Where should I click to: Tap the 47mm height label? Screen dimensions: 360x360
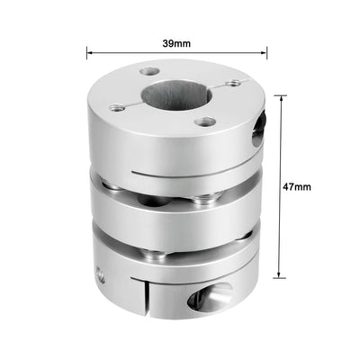(x=298, y=186)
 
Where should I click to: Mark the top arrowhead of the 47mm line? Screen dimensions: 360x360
(x=282, y=97)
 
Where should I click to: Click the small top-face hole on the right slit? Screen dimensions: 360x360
(x=236, y=82)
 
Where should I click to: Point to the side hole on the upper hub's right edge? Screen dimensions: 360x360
(x=260, y=126)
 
